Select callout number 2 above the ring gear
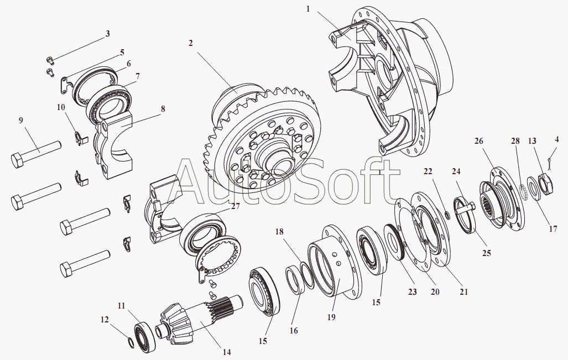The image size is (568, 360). click(x=190, y=43)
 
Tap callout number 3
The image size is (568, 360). click(x=108, y=34)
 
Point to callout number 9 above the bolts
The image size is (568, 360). click(x=21, y=120)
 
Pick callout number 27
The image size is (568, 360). click(x=236, y=206)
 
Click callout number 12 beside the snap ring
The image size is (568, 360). click(x=105, y=319)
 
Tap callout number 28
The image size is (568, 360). click(x=515, y=141)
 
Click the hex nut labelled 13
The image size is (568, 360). click(x=543, y=184)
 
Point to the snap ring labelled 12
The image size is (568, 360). click(x=131, y=343)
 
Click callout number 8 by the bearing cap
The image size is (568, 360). click(x=163, y=109)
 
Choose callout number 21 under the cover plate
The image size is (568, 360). click(x=463, y=291)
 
